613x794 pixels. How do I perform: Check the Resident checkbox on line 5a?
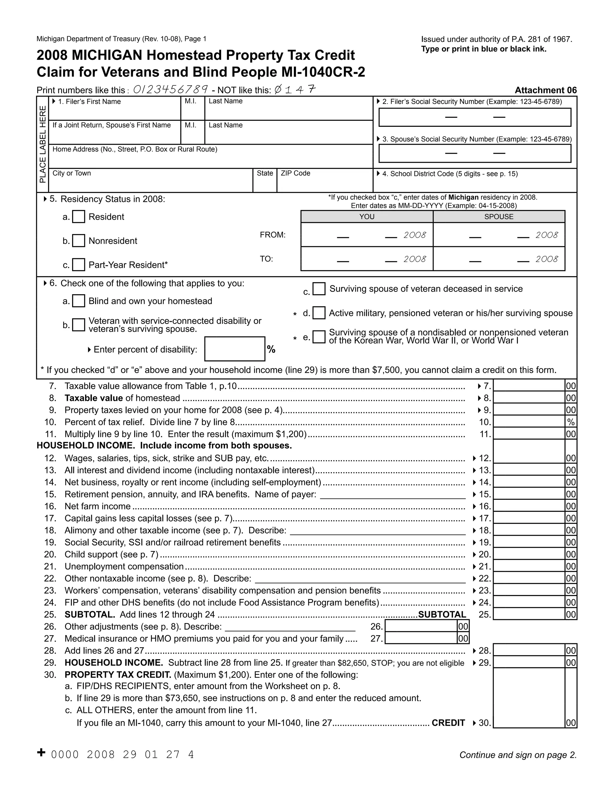(78, 217)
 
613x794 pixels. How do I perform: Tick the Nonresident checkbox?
(78, 241)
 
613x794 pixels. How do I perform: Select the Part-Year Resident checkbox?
(78, 265)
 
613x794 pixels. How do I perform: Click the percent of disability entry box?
(235, 349)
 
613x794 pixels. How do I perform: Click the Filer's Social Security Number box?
(475, 117)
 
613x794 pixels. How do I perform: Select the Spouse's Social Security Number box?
(475, 153)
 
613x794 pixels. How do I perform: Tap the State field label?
(265, 173)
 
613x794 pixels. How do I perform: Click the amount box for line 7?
(529, 386)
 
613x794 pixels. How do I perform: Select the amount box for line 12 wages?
(529, 458)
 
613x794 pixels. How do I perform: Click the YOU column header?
(367, 217)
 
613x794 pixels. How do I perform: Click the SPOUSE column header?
(499, 217)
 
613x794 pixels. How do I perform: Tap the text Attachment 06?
(545, 90)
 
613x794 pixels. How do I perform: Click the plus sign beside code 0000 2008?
(41, 752)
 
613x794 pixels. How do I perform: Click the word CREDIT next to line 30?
(448, 723)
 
